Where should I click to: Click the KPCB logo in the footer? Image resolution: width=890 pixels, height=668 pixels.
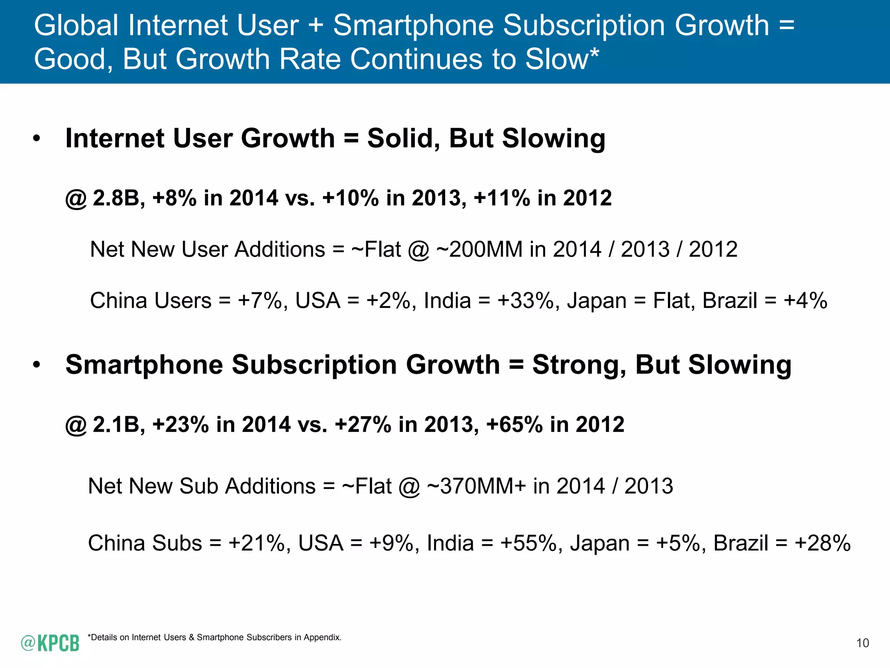[50, 643]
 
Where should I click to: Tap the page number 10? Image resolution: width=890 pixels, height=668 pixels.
[862, 643]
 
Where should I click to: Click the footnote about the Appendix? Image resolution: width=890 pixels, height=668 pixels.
[215, 638]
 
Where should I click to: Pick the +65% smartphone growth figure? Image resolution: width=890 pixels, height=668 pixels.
[515, 424]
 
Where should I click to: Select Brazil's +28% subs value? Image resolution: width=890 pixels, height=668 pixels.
[822, 544]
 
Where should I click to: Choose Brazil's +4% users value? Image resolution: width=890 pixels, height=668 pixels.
[805, 301]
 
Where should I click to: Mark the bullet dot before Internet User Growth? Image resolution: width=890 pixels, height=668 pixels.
[37, 139]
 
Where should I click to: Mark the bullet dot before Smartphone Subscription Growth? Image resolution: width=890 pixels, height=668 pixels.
[37, 365]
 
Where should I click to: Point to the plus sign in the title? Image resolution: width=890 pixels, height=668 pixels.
[315, 25]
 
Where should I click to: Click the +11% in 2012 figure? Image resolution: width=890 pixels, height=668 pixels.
[502, 198]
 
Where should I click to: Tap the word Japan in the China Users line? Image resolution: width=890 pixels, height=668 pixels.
[597, 301]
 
